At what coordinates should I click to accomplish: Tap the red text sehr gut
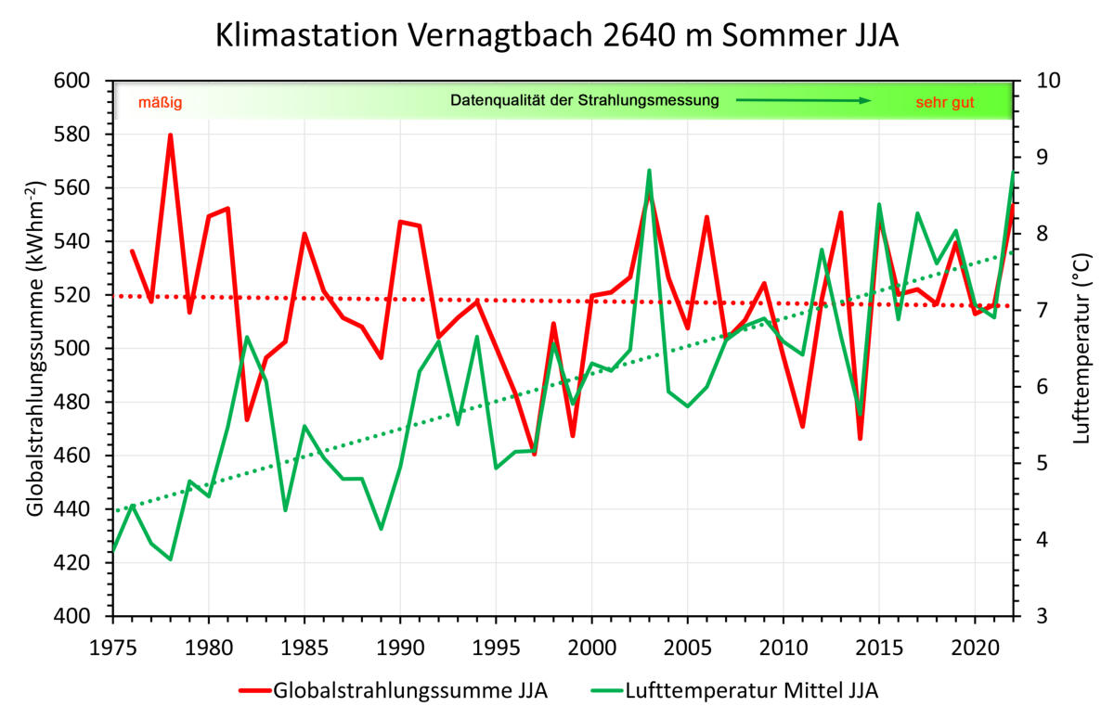click(x=944, y=102)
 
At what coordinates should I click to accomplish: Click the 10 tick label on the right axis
click(x=1038, y=82)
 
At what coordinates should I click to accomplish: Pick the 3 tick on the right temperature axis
click(x=1032, y=617)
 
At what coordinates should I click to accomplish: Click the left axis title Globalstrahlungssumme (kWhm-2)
click(x=36, y=348)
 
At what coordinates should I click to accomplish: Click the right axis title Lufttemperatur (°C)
click(x=1080, y=348)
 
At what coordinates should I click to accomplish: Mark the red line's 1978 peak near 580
click(x=171, y=135)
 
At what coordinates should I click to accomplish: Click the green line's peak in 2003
click(x=650, y=171)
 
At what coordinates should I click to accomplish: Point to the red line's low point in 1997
click(x=535, y=454)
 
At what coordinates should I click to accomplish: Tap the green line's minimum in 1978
click(x=171, y=559)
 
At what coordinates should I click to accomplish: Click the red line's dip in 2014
click(x=861, y=438)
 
